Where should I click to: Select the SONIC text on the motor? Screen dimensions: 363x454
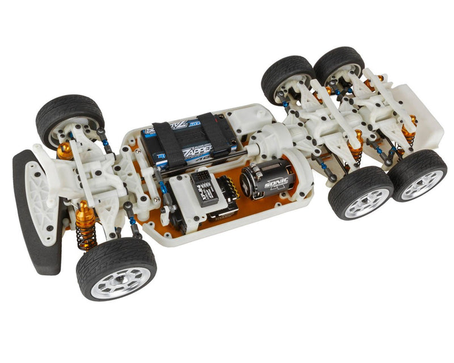pos(275,180)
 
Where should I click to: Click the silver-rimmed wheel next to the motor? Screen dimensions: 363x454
pos(360,192)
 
